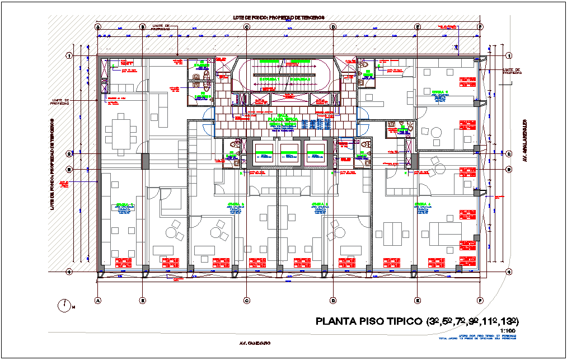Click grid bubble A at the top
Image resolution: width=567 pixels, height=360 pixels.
[x=98, y=26]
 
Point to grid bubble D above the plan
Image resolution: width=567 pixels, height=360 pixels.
[x=332, y=26]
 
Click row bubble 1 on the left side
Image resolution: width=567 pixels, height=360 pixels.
[x=69, y=55]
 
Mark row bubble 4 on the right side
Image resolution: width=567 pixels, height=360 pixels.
[x=509, y=272]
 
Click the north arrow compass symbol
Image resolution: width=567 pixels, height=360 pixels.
[x=65, y=306]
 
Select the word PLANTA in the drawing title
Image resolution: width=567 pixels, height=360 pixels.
[x=335, y=321]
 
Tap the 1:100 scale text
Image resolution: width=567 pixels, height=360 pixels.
[x=508, y=331]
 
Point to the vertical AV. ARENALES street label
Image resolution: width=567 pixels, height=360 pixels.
[x=526, y=139]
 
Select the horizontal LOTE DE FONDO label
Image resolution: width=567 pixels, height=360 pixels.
[x=278, y=18]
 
